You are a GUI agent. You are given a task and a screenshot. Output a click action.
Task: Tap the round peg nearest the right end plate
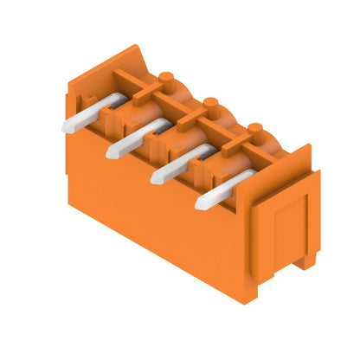coord(254,129)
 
